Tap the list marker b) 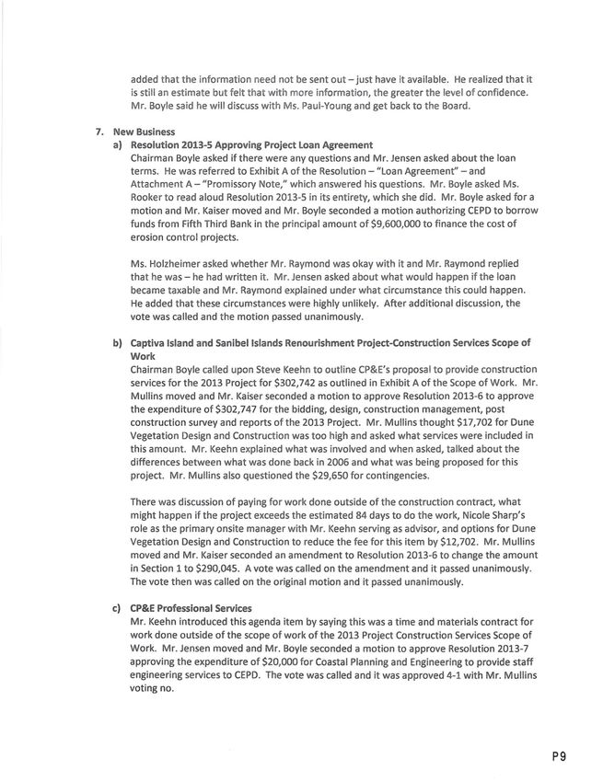117,343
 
